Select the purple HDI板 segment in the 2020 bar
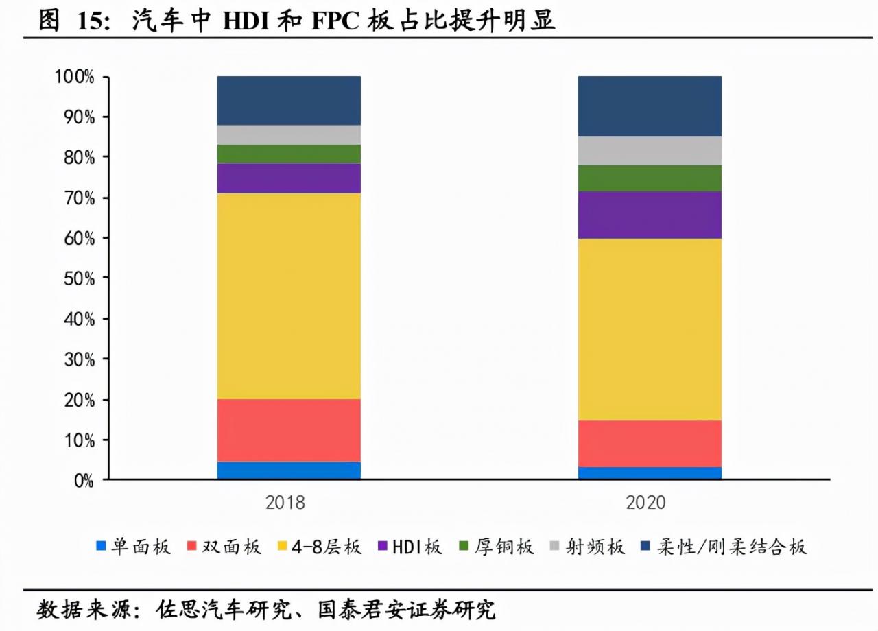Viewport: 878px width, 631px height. pyautogui.click(x=650, y=215)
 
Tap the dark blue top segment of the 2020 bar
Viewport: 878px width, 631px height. pyautogui.click(x=650, y=106)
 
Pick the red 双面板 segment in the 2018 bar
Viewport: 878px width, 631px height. pyautogui.click(x=289, y=430)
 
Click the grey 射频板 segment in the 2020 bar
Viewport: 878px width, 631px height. pyautogui.click(x=650, y=150)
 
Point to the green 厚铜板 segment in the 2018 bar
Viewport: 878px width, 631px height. pyautogui.click(x=289, y=154)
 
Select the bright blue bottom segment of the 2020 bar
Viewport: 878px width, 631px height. pyautogui.click(x=650, y=473)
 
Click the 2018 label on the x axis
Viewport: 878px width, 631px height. pyautogui.click(x=285, y=503)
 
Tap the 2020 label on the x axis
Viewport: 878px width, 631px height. pyautogui.click(x=645, y=503)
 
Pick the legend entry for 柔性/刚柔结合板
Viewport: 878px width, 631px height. pyautogui.click(x=723, y=547)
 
